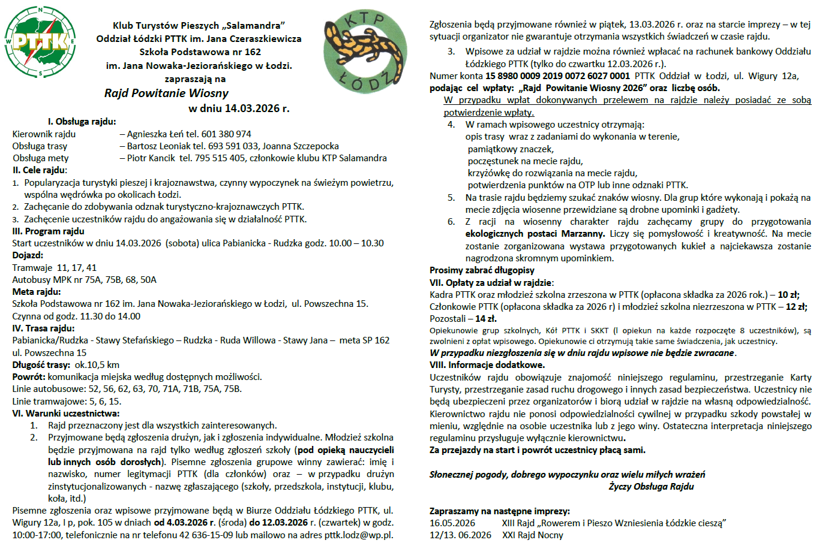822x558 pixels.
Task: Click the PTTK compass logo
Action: [x=40, y=42]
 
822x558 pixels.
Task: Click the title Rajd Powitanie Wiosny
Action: [x=166, y=93]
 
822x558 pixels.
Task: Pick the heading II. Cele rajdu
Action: [x=40, y=170]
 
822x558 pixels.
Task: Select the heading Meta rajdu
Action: [x=37, y=292]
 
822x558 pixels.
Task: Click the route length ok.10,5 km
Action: [x=97, y=365]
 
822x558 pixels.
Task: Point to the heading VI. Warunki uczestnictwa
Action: [x=66, y=414]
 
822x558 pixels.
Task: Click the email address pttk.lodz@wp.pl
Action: [x=359, y=535]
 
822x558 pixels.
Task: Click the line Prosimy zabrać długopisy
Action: [x=482, y=270]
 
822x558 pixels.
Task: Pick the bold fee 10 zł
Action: [x=788, y=295]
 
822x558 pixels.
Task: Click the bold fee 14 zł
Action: [x=485, y=319]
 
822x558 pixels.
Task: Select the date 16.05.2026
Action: [x=452, y=523]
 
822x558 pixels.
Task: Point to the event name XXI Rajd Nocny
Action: [x=533, y=535]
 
